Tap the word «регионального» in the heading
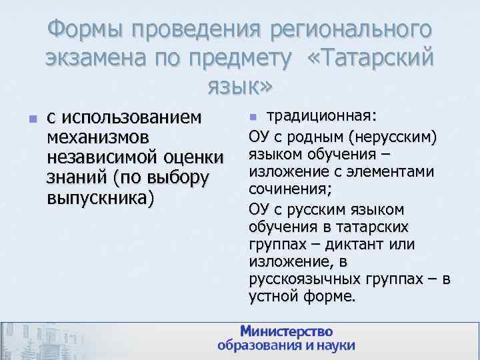pos(351,30)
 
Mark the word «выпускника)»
pos(101,198)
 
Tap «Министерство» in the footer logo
pos(287,331)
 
